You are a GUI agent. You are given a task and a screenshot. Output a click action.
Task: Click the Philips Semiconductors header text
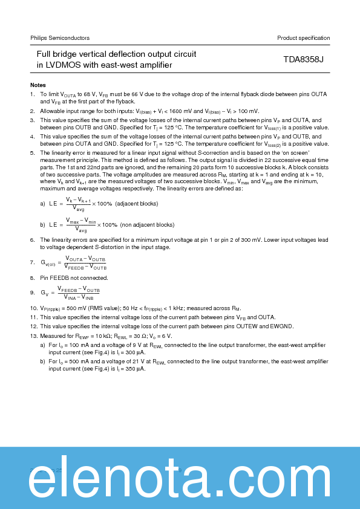(60, 38)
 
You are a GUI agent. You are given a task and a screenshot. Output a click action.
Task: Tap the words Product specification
(303, 38)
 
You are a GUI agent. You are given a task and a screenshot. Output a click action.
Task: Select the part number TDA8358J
(304, 60)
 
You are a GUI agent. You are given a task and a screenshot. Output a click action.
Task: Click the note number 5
(32, 154)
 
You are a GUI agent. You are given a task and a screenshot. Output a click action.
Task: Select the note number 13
(34, 336)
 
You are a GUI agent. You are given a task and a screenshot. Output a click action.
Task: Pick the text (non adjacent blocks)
(148, 224)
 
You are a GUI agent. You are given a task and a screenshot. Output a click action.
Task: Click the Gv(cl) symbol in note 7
(48, 263)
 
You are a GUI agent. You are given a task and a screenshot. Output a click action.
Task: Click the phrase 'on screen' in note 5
(314, 154)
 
